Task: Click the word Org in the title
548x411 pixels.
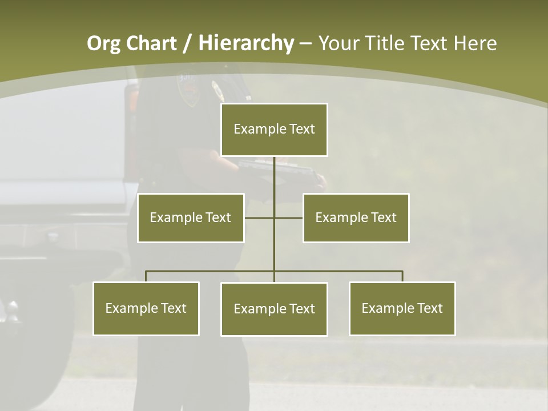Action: tap(103, 43)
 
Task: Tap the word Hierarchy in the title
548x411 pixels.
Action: tap(246, 43)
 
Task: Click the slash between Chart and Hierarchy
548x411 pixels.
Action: tap(187, 44)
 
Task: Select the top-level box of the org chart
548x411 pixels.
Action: tap(274, 130)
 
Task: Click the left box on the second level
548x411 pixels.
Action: tap(191, 217)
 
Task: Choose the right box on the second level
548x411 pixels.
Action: tap(356, 217)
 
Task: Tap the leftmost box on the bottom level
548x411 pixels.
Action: tap(146, 308)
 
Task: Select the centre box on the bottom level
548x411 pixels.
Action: tap(274, 309)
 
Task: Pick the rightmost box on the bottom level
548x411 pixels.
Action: tap(402, 308)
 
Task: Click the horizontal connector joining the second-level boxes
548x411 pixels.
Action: tap(260, 217)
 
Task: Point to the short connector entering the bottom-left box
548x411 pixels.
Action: tap(146, 276)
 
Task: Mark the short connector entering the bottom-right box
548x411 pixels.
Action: tap(402, 276)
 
